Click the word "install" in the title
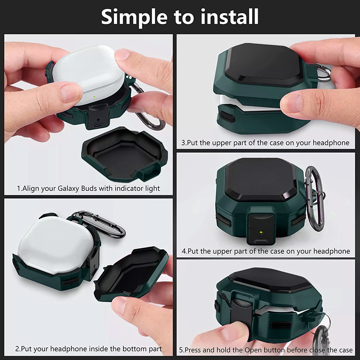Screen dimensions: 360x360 tap(230, 17)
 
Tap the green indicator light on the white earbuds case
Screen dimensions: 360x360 tap(94, 97)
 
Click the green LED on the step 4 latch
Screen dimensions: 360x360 tap(261, 233)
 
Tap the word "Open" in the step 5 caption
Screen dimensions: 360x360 tap(252, 350)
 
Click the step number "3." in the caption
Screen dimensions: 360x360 tap(184, 143)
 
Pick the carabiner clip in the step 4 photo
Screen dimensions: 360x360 tap(315, 198)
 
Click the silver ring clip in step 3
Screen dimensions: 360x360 tap(324, 73)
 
